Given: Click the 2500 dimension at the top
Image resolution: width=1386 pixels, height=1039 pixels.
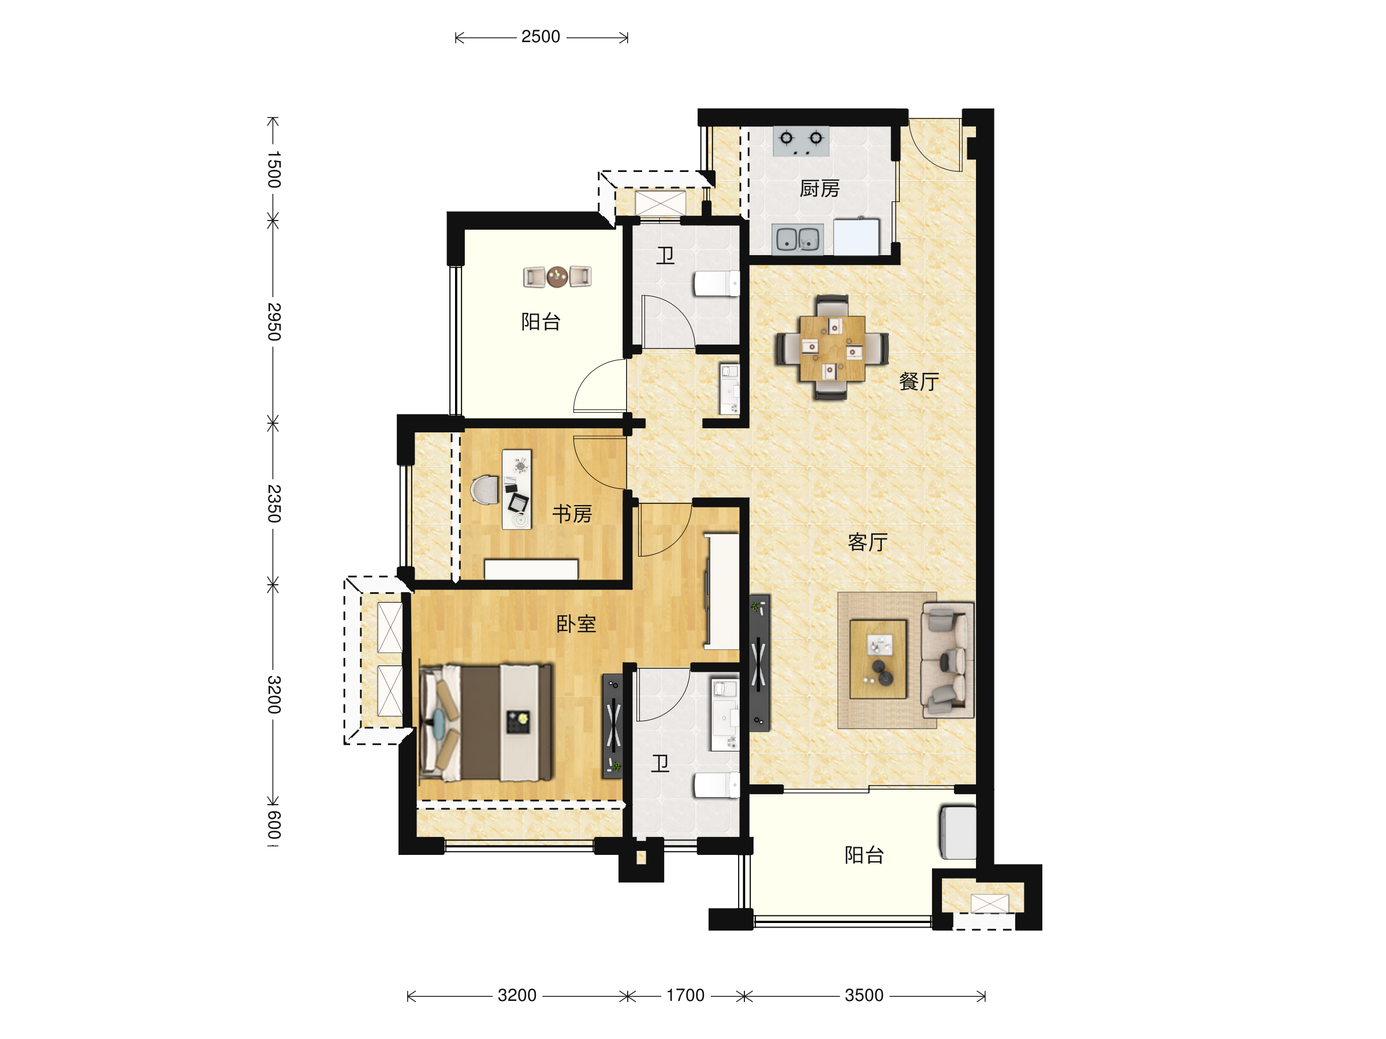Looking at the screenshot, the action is pos(541,37).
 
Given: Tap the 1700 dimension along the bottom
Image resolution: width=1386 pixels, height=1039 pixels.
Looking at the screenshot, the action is pos(685,995).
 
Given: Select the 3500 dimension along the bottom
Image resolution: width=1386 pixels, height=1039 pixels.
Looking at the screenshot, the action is pos(864,995).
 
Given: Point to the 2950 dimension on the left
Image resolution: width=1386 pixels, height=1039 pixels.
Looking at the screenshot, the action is pos(274,322).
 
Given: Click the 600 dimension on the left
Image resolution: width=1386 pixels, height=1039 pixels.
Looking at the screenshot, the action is pos(274,825).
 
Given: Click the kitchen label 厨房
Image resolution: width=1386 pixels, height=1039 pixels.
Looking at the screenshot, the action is pos(819,189).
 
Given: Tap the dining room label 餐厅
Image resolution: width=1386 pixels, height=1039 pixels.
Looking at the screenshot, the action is pos(919,382).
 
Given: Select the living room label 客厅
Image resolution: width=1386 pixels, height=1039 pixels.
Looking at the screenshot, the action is pos(868,542).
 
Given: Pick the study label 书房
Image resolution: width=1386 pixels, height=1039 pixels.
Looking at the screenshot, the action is pos(572,514).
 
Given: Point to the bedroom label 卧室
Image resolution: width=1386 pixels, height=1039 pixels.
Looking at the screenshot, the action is pos(576,624).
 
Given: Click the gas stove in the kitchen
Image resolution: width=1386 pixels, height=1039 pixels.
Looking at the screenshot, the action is pos(801,141).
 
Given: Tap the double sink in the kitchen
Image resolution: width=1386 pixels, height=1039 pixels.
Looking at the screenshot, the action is pos(798,239).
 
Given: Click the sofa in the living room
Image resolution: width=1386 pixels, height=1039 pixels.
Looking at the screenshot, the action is pos(948,659).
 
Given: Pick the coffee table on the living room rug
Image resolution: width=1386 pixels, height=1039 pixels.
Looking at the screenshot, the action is pos(878,659).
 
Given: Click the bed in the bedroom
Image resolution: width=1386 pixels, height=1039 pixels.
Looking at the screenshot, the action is pos(486,723).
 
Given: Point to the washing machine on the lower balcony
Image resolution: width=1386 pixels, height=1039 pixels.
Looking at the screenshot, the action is pos(958,833).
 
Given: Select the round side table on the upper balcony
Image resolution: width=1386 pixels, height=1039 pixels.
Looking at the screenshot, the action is pos(557,276).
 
